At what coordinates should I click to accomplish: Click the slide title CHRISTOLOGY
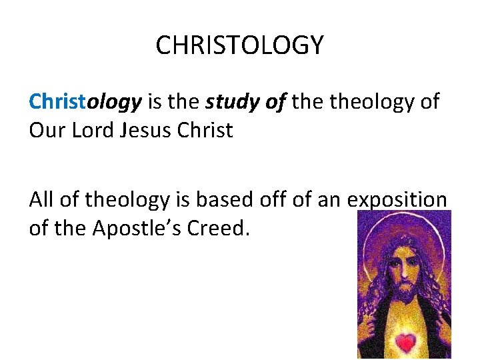(x=239, y=45)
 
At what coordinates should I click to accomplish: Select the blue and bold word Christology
(x=85, y=101)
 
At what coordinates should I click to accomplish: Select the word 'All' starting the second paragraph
(x=41, y=199)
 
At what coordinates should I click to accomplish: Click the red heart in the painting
(x=405, y=343)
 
